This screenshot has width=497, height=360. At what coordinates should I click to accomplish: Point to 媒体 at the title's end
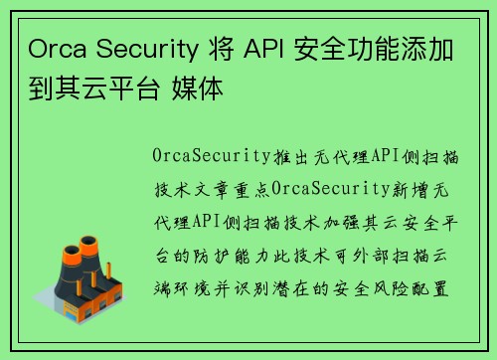click(204, 89)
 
